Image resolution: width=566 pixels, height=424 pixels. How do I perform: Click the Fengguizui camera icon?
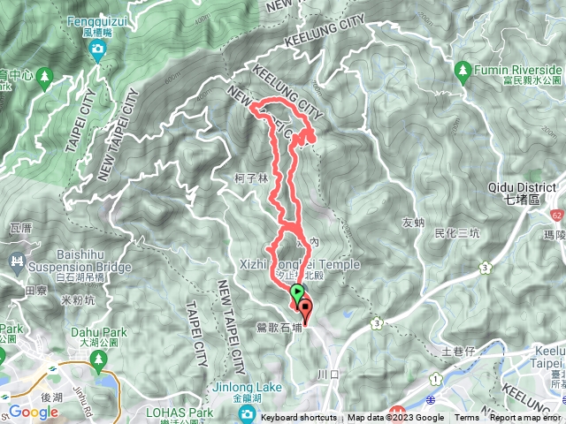coord(96,49)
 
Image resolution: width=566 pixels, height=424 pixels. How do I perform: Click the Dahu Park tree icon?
coord(98,359)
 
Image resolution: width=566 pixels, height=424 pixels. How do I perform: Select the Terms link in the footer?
coord(467,418)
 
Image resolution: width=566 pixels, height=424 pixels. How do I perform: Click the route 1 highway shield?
coord(436,379)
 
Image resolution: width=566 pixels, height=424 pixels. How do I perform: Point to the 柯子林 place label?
coord(253,177)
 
